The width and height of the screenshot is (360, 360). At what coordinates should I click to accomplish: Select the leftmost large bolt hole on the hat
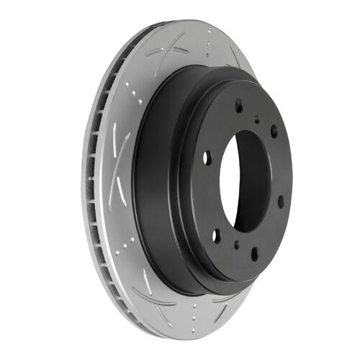207,157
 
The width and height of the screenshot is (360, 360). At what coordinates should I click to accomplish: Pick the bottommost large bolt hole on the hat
254,253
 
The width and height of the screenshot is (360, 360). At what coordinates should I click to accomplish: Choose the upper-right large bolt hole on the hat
274,131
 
